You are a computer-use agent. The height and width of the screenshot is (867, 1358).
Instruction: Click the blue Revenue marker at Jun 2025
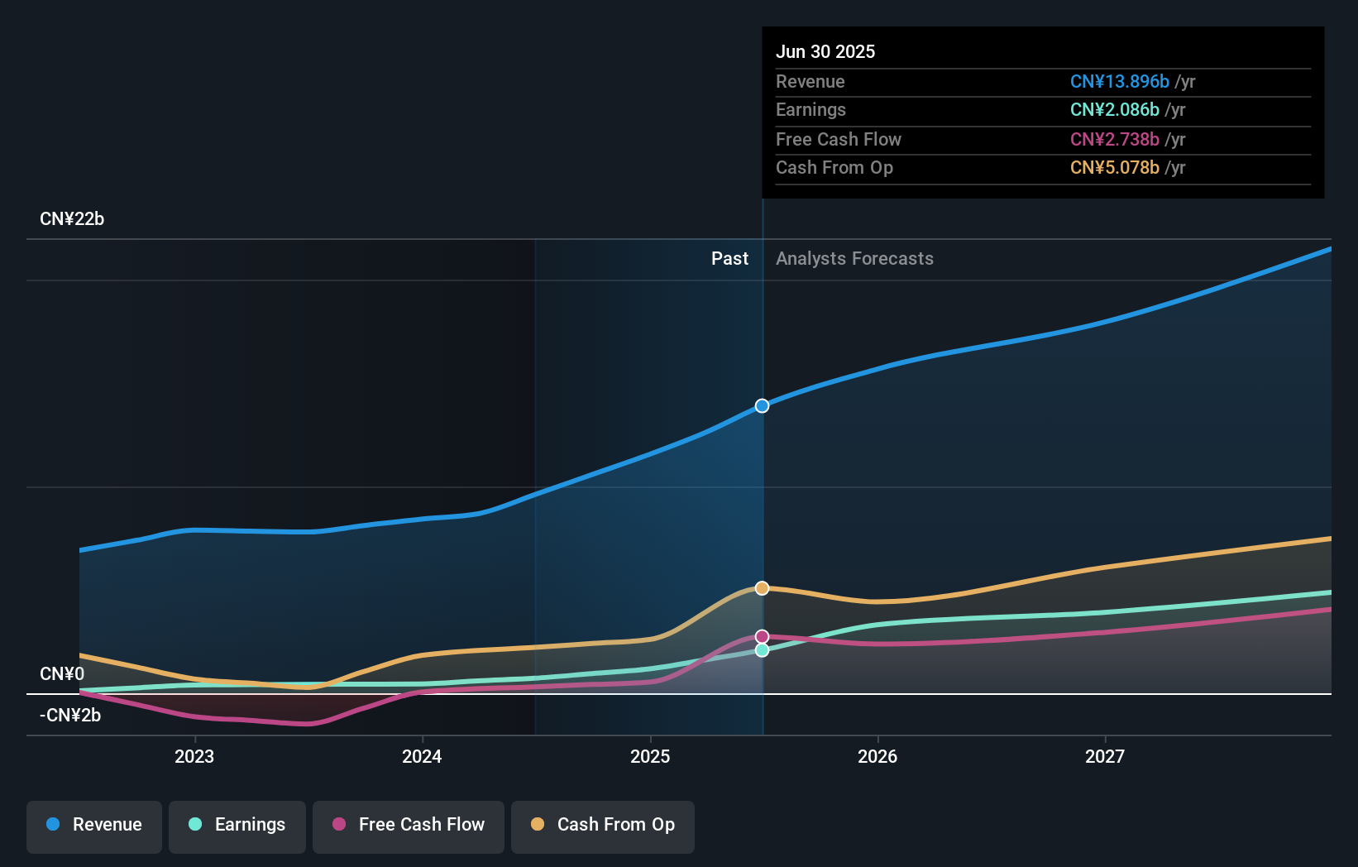click(762, 405)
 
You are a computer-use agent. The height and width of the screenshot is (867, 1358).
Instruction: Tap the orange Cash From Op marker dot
click(762, 588)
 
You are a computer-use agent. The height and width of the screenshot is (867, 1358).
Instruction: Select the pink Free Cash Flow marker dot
click(762, 636)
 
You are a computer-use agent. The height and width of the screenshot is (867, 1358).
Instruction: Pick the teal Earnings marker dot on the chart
click(762, 650)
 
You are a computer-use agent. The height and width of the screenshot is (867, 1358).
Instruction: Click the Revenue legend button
click(94, 825)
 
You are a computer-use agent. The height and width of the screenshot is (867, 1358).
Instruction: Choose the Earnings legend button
click(237, 825)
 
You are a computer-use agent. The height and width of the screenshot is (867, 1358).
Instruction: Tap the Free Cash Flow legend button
click(409, 825)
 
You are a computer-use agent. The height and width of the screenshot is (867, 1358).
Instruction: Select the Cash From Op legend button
click(603, 825)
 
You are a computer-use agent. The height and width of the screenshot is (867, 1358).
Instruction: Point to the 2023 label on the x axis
click(194, 756)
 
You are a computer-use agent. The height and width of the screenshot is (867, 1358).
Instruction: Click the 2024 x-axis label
click(422, 756)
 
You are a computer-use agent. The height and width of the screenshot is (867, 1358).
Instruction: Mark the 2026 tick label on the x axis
click(877, 756)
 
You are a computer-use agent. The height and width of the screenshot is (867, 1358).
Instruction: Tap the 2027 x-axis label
click(1105, 756)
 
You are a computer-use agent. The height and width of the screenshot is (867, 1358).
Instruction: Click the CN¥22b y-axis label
click(72, 219)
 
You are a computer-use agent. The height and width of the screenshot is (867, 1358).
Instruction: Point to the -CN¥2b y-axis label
click(70, 716)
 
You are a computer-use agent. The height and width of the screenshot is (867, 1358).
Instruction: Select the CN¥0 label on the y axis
click(62, 674)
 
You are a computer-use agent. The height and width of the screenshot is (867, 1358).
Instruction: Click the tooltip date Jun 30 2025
click(825, 52)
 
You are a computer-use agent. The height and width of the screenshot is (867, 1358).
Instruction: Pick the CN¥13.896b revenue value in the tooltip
click(1119, 82)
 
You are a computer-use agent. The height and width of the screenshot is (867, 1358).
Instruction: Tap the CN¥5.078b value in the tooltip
click(1114, 168)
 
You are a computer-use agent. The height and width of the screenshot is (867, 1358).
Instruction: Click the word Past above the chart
click(729, 259)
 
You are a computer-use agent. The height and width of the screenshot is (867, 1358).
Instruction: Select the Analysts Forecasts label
click(854, 259)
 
